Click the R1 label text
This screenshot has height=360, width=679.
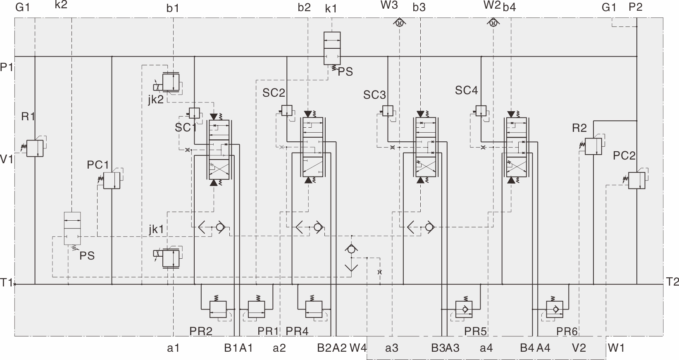(28, 117)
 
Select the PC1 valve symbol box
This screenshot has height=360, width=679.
(111, 181)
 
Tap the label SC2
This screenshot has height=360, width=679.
(274, 93)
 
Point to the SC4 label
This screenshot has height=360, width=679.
(466, 90)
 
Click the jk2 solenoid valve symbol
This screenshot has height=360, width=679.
(170, 82)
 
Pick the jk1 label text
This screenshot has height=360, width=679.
(156, 229)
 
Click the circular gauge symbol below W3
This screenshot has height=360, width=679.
(399, 23)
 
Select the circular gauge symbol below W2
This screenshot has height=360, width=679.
(492, 23)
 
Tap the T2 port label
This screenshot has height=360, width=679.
(672, 282)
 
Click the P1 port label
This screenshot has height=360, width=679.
(7, 67)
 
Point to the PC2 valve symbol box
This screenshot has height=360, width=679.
(636, 181)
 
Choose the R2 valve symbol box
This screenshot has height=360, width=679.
(593, 146)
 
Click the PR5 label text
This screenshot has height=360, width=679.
(475, 331)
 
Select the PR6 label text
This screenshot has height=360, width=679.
(567, 331)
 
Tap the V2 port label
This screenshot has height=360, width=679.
(579, 348)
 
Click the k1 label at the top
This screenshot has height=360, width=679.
(331, 8)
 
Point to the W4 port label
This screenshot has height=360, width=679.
(358, 348)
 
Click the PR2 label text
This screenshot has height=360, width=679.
(201, 331)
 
